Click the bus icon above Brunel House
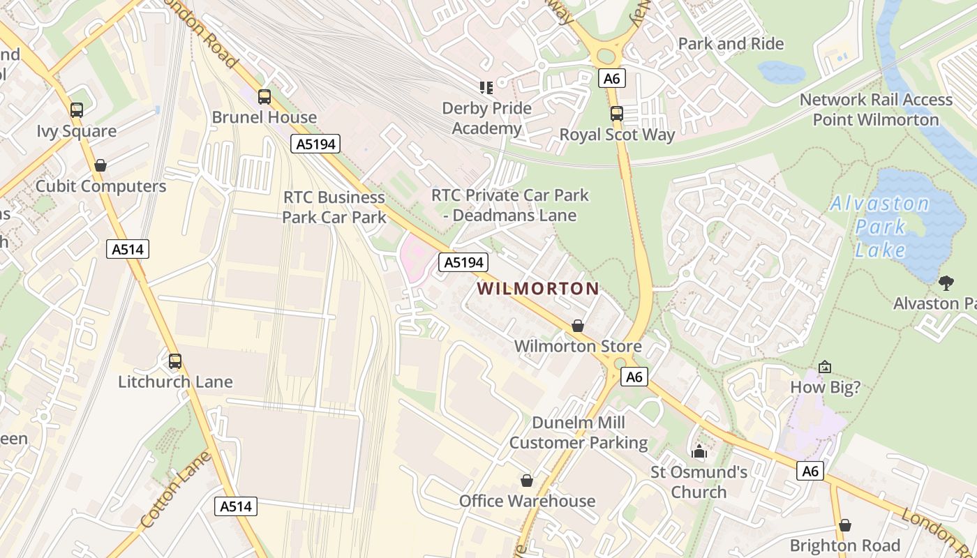pyautogui.click(x=264, y=97)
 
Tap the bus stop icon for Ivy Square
pyautogui.click(x=77, y=110)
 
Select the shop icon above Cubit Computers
pyautogui.click(x=100, y=165)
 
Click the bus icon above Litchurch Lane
pyautogui.click(x=175, y=361)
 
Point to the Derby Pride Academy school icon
pyautogui.click(x=486, y=87)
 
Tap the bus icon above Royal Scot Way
pyautogui.click(x=616, y=114)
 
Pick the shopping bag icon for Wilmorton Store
pyautogui.click(x=578, y=326)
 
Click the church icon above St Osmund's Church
pyautogui.click(x=699, y=452)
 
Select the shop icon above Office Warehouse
pyautogui.click(x=527, y=481)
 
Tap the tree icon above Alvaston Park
pyautogui.click(x=946, y=282)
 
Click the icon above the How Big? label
pyautogui.click(x=825, y=367)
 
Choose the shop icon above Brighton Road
pyautogui.click(x=845, y=525)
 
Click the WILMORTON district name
pyautogui.click(x=538, y=288)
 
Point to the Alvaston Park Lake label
pyautogui.click(x=880, y=227)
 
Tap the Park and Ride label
pyautogui.click(x=731, y=43)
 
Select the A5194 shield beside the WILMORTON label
pyautogui.click(x=463, y=262)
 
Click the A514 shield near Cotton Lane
pyautogui.click(x=235, y=506)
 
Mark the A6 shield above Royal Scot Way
pyautogui.click(x=612, y=78)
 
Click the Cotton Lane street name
pyautogui.click(x=174, y=490)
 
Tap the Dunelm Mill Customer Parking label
pyautogui.click(x=579, y=432)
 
